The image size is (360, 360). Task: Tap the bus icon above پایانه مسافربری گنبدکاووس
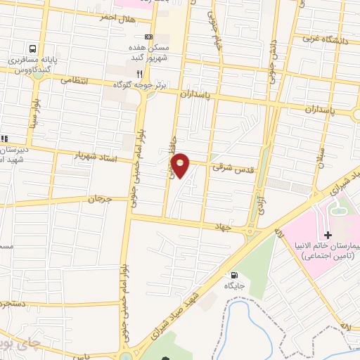pyautogui.click(x=33, y=49)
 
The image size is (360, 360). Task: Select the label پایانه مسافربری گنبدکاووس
pyautogui.click(x=32, y=65)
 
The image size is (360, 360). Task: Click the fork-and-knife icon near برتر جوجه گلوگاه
pyautogui.click(x=140, y=72)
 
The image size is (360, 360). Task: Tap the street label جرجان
pyautogui.click(x=99, y=200)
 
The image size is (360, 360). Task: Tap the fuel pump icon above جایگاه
pyautogui.click(x=233, y=275)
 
